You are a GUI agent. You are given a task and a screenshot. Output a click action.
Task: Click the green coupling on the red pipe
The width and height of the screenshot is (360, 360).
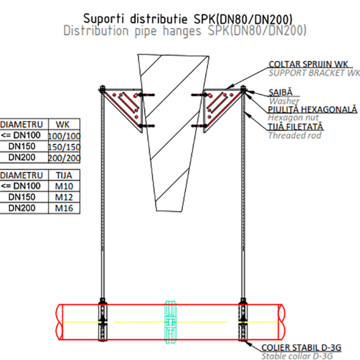(x=171, y=322)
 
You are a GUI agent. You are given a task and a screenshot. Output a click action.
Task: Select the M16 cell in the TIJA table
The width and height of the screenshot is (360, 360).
(x=64, y=208)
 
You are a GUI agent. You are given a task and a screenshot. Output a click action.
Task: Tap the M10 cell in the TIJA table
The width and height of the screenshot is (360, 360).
(x=64, y=186)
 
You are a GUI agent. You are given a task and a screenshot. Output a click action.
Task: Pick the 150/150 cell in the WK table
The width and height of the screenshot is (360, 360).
(x=64, y=147)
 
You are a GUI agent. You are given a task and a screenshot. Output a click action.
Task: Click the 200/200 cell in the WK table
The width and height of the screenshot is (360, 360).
(x=64, y=158)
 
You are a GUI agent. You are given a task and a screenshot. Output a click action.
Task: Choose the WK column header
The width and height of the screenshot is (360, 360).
(x=62, y=124)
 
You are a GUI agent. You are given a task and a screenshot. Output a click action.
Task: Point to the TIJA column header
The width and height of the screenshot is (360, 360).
(x=64, y=176)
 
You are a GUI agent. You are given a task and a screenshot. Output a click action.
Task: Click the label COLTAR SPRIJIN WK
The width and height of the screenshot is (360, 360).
(x=308, y=64)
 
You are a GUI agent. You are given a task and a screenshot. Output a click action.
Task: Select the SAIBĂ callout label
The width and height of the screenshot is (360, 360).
(x=280, y=93)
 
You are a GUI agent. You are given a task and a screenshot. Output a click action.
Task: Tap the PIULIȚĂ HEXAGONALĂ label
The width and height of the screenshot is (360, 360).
(x=313, y=110)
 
